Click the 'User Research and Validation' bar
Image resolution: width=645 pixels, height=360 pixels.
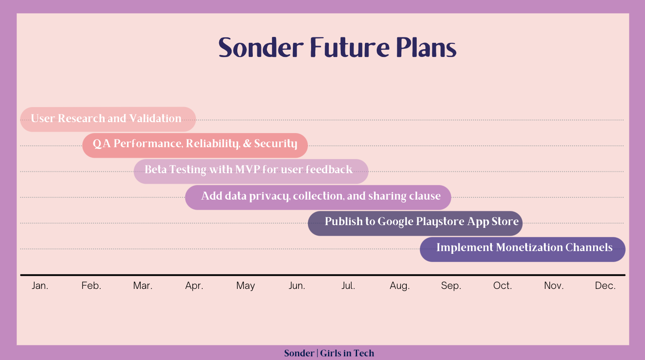click(x=108, y=119)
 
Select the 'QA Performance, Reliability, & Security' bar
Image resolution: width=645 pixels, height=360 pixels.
click(x=195, y=145)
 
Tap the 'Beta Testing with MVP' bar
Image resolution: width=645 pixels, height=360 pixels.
click(x=251, y=171)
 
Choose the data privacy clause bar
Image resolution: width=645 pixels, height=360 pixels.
click(x=318, y=197)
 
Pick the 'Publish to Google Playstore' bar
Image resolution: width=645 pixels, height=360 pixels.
click(x=415, y=223)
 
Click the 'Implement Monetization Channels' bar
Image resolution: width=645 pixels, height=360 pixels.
click(x=522, y=249)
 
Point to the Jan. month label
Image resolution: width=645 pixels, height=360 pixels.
click(x=40, y=285)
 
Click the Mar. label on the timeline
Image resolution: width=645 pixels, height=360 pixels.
click(x=143, y=285)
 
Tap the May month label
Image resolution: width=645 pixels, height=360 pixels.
click(x=246, y=286)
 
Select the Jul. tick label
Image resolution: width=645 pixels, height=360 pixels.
click(x=348, y=285)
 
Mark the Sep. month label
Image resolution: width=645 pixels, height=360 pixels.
click(x=451, y=286)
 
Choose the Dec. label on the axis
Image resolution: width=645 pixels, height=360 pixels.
click(x=605, y=285)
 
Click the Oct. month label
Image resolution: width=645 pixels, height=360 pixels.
click(x=502, y=285)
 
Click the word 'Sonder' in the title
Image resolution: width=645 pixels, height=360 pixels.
click(x=261, y=47)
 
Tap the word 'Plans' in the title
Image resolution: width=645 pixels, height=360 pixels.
click(x=426, y=47)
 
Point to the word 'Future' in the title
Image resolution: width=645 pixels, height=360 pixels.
click(x=350, y=47)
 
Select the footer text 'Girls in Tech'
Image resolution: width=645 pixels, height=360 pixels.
click(x=347, y=353)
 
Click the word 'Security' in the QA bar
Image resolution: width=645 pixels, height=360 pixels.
click(x=276, y=144)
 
